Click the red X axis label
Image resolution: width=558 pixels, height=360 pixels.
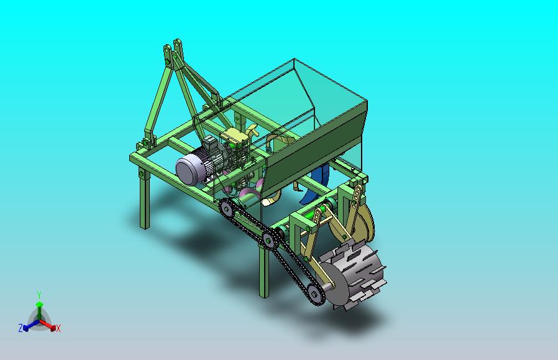tap(58, 328)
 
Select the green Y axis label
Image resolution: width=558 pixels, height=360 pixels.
tap(40, 295)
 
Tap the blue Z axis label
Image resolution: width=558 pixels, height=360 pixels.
tap(21, 328)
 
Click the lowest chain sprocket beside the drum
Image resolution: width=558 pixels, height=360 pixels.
tap(314, 295)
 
